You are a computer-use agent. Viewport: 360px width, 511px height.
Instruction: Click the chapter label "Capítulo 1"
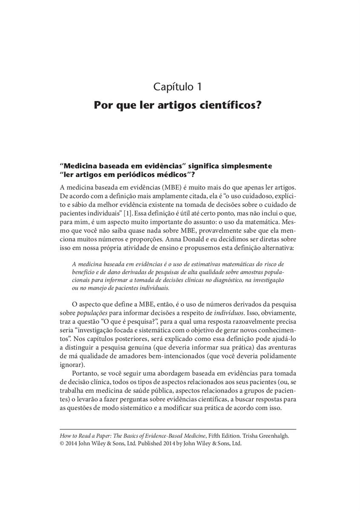(177, 87)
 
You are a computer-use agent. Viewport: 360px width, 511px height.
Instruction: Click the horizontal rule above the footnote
(178, 429)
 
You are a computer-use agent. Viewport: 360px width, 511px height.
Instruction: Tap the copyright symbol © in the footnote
(62, 444)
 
